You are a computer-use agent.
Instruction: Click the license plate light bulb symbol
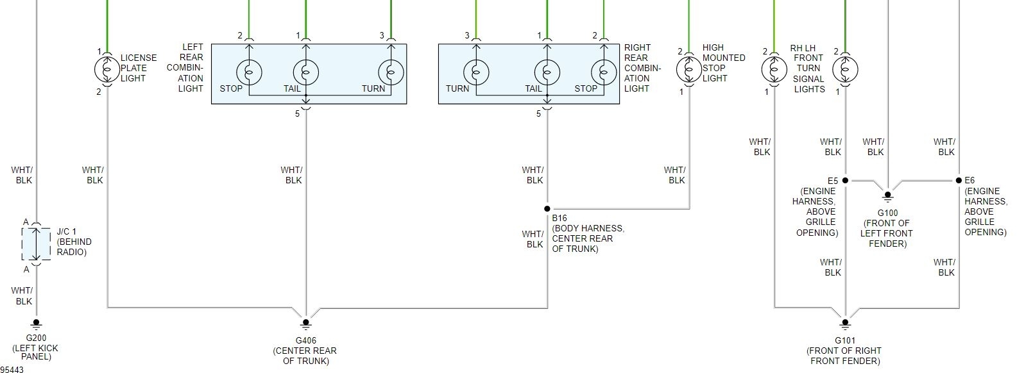click(x=108, y=69)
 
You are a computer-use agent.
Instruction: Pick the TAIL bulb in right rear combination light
click(x=547, y=70)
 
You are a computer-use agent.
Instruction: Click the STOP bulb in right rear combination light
click(x=603, y=70)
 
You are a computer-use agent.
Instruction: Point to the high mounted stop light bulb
click(x=689, y=69)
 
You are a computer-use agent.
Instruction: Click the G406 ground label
click(x=305, y=340)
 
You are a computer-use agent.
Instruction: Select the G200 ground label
click(x=36, y=338)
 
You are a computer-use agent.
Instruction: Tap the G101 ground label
click(x=844, y=340)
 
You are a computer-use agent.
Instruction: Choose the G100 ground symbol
click(x=888, y=195)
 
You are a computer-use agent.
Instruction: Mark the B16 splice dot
click(x=547, y=209)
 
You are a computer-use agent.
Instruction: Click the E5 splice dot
click(x=845, y=181)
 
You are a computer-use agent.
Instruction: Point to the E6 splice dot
click(x=959, y=181)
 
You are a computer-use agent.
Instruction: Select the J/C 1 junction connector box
click(x=36, y=244)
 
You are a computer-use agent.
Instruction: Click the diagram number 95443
click(x=12, y=369)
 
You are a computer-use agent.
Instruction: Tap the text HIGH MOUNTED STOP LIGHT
click(x=723, y=63)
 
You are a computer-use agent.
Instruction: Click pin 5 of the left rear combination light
click(x=298, y=114)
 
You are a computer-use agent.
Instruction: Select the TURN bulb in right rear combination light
click(x=475, y=70)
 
